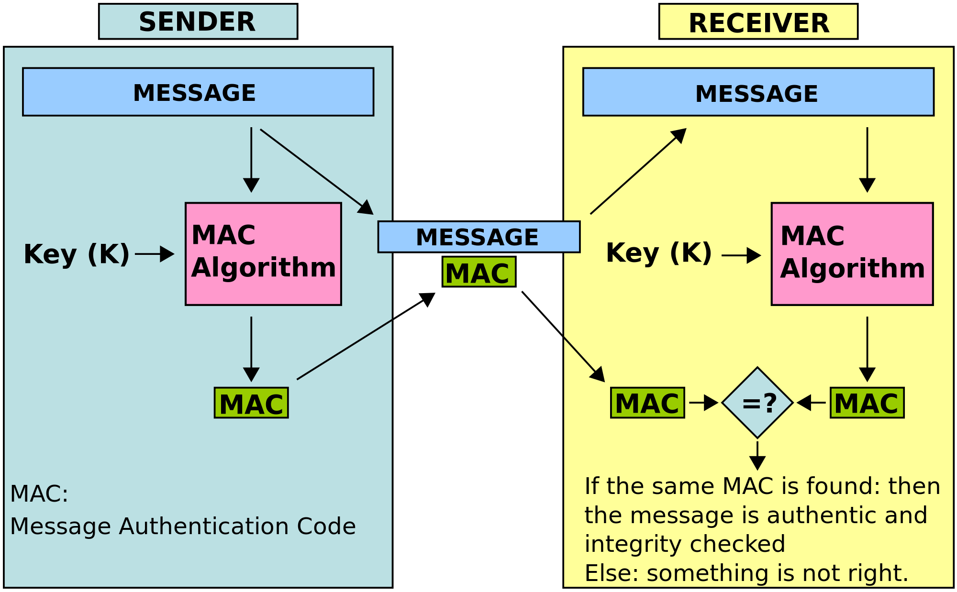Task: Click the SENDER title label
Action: [x=198, y=22]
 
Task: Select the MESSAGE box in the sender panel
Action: [x=198, y=92]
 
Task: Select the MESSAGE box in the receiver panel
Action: [x=758, y=92]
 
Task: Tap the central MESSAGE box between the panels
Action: [x=478, y=237]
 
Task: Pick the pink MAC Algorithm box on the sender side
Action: [x=263, y=253]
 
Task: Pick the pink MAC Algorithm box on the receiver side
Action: [x=852, y=253]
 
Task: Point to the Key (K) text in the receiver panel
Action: [x=659, y=252]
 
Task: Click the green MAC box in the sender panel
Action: [x=251, y=403]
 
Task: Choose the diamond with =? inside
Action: [x=757, y=403]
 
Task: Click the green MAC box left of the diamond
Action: [x=647, y=403]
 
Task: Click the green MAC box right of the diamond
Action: [x=867, y=403]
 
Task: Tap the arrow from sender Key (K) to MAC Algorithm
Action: [x=154, y=254]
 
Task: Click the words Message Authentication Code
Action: [x=183, y=526]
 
